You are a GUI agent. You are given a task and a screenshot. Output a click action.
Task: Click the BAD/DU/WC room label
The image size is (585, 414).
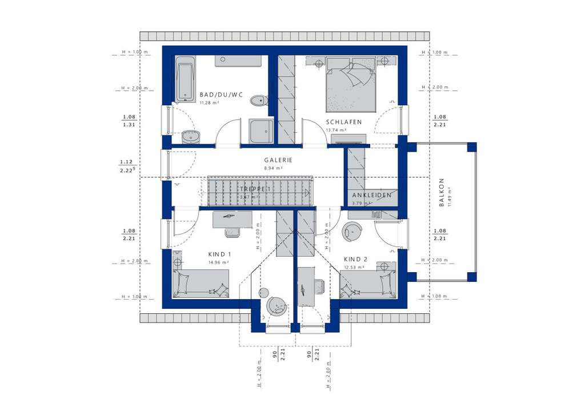pos(221,95)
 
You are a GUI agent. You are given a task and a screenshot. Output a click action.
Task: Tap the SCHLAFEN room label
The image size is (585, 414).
pos(344,122)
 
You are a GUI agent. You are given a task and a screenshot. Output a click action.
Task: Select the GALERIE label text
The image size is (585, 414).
pos(278,160)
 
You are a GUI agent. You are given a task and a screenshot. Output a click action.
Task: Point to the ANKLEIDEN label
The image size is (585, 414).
pos(372,195)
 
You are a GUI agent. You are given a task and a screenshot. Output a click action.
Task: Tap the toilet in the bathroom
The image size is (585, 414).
pos(259,101)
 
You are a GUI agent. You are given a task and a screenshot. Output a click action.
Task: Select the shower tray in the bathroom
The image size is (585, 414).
pos(262,131)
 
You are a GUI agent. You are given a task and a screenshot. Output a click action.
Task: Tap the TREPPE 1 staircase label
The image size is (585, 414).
pos(255,188)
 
